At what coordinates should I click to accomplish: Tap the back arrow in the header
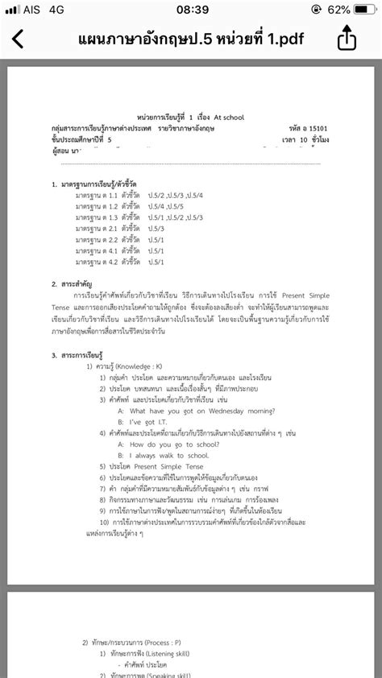pos(19,39)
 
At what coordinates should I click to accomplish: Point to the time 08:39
pos(192,10)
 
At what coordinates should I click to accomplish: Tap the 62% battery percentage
pos(338,10)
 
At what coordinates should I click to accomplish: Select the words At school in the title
pos(226,118)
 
